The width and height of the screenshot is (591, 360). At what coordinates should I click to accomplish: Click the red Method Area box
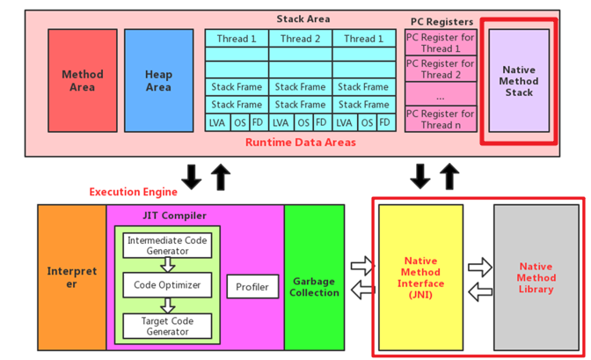(83, 81)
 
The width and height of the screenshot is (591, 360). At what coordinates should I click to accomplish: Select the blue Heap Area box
(158, 81)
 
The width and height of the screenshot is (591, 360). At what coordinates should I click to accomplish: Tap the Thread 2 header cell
(300, 39)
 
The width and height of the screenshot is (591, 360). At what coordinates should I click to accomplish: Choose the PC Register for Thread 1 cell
(440, 43)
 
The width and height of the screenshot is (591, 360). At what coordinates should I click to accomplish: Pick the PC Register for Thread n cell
(440, 120)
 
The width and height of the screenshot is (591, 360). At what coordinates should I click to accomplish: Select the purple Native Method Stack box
(519, 81)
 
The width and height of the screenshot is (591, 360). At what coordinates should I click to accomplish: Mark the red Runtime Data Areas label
(300, 142)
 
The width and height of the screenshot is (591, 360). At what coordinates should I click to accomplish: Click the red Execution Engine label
(133, 191)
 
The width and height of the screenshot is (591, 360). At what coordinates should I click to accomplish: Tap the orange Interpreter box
(71, 277)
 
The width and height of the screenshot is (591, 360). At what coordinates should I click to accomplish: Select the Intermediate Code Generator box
(168, 246)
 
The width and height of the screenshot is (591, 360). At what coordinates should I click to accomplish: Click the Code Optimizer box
(168, 285)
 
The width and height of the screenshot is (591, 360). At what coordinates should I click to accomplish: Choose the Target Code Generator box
(168, 326)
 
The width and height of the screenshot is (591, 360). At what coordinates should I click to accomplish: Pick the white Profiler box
(252, 287)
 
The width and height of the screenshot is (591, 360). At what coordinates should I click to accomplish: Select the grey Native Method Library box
(536, 277)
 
